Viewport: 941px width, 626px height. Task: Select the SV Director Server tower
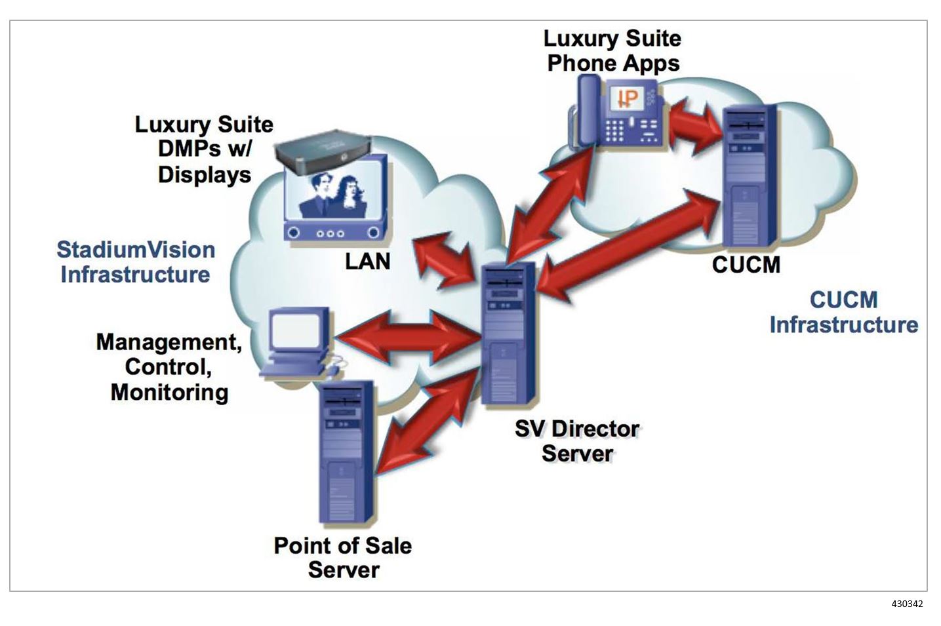[508, 334]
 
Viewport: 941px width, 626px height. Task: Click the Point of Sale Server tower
[346, 452]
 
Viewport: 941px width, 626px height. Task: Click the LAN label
[368, 262]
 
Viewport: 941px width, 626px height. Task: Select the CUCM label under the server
[746, 265]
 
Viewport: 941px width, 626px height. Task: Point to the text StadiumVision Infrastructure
[136, 262]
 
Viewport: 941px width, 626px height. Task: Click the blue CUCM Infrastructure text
[843, 312]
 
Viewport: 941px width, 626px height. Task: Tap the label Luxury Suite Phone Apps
[612, 50]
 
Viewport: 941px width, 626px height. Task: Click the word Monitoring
[169, 392]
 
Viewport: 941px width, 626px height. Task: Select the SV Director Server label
[576, 440]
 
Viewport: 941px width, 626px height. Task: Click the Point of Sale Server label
[343, 557]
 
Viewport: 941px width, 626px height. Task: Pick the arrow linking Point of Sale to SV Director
[426, 420]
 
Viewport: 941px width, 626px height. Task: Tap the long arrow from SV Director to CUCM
[630, 243]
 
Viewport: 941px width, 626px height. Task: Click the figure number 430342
[906, 604]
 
